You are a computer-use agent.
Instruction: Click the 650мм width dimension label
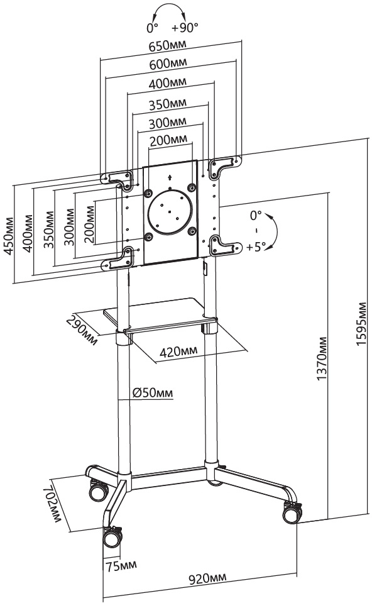pos(168,45)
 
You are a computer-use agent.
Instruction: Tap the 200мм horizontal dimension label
pos(168,140)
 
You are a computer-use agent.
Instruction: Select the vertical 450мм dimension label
pos(8,236)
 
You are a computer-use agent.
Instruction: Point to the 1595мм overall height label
pos(361,323)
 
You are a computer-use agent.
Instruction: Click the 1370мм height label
pos(322,358)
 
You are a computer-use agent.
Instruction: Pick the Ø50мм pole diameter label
pos(153,393)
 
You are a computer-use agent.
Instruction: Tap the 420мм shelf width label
pos(178,351)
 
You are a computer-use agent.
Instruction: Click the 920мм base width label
pos(207,578)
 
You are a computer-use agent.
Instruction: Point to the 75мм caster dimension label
pos(121,566)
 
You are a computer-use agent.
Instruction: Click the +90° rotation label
pos(185,28)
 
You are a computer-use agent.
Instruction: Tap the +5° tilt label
pos(256,246)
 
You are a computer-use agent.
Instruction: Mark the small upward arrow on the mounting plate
pos(170,177)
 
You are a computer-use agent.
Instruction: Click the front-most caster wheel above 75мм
pos(112,537)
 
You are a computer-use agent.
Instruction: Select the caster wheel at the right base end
pos(292,513)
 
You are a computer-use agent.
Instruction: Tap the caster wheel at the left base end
pos(99,490)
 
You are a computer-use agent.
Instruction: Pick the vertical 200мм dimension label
pos(89,224)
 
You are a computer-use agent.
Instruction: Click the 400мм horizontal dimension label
pos(168,83)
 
